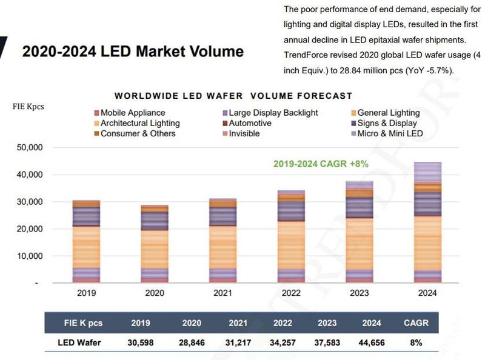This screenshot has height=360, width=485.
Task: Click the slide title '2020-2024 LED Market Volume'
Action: pyautogui.click(x=133, y=51)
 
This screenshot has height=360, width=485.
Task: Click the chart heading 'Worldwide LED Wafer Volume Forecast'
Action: pyautogui.click(x=233, y=96)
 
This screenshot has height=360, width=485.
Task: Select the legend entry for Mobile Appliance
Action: pyautogui.click(x=132, y=113)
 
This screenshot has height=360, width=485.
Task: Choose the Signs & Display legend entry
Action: pyautogui.click(x=387, y=123)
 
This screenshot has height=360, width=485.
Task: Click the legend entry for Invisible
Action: pyautogui.click(x=245, y=133)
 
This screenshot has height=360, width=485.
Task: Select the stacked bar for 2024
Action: pyautogui.click(x=427, y=222)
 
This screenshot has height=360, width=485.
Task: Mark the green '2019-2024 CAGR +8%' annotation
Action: pyautogui.click(x=321, y=164)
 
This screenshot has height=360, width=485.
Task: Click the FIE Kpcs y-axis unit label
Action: pyautogui.click(x=28, y=106)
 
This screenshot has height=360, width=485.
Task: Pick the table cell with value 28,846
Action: pyautogui.click(x=192, y=342)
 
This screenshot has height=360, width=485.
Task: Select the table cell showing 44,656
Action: pyautogui.click(x=372, y=342)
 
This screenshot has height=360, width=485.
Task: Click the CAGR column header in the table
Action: pyautogui.click(x=416, y=323)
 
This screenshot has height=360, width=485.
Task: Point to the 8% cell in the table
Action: pyautogui.click(x=416, y=342)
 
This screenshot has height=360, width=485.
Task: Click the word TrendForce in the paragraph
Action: pyautogui.click(x=307, y=55)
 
